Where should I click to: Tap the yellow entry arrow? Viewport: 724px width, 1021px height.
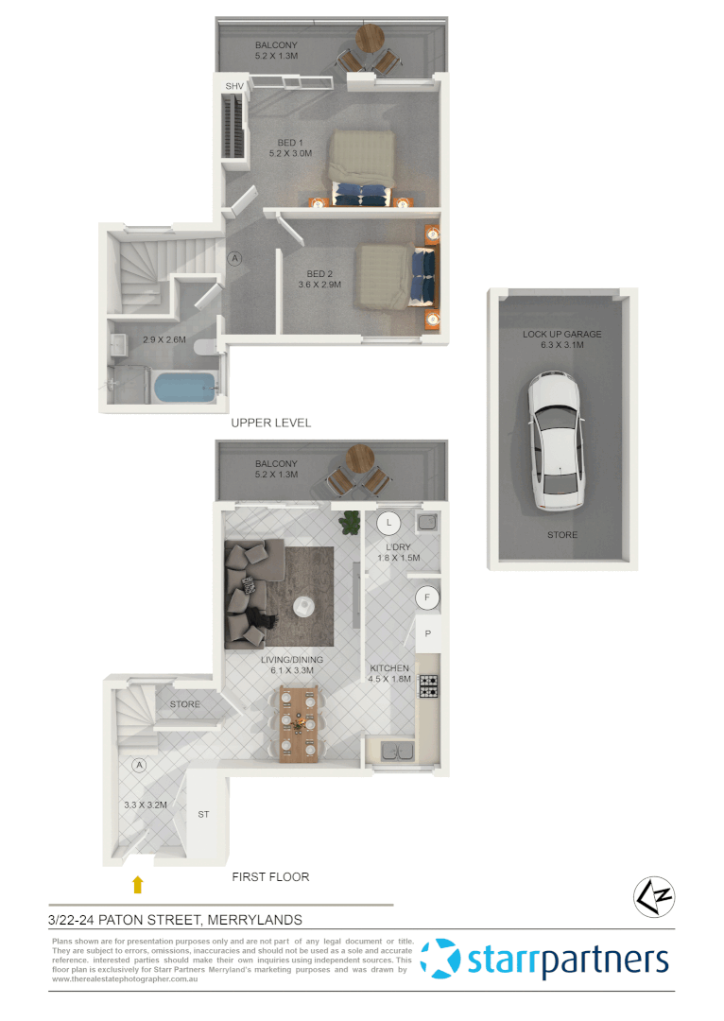click(x=138, y=885)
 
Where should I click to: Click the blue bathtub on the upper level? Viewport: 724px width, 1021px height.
click(x=186, y=389)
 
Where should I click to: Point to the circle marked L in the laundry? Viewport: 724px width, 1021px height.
click(x=389, y=522)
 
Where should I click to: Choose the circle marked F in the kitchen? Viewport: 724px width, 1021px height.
click(x=427, y=597)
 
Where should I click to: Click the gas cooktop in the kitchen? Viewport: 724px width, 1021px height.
click(x=428, y=686)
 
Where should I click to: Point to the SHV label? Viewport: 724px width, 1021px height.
click(x=233, y=87)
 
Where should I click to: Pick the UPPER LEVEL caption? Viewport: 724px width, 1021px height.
click(x=271, y=423)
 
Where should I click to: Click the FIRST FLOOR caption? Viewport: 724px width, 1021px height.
click(x=271, y=876)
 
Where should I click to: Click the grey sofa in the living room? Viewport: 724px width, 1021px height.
click(x=250, y=594)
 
